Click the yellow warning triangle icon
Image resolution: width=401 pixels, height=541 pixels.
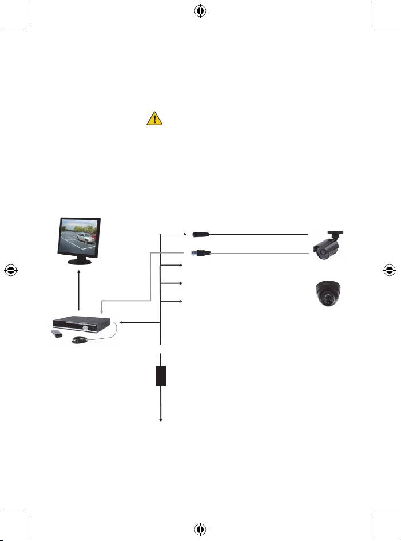tap(153, 119)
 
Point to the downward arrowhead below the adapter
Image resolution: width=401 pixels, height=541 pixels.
tap(160, 421)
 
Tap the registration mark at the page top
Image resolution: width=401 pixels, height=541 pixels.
tap(200, 10)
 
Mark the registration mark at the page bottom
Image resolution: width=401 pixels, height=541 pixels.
tap(200, 530)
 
